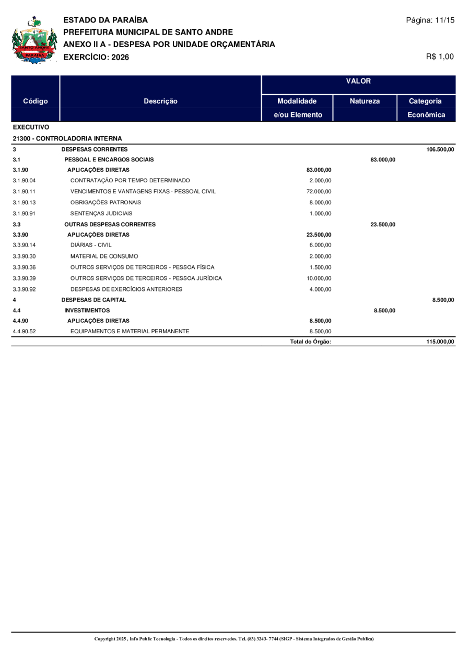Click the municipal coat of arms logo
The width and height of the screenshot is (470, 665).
tap(34, 40)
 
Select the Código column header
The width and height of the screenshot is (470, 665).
tap(36, 101)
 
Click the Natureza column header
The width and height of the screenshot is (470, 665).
tap(365, 101)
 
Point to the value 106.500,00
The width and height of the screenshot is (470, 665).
tap(440, 149)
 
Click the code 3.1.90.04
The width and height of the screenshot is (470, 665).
tap(24, 181)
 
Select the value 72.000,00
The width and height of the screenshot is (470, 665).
tap(319, 192)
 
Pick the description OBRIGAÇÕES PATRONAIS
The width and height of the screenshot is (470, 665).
tap(105, 202)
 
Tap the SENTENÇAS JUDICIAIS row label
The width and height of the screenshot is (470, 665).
tap(101, 213)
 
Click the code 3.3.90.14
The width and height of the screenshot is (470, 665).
tap(24, 245)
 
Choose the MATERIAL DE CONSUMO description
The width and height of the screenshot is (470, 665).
tap(104, 256)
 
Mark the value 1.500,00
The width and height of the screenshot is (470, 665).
tap(321, 267)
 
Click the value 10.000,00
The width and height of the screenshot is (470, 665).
tap(319, 278)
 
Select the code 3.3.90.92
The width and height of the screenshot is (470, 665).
tap(24, 289)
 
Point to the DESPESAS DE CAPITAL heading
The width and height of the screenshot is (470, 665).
tap(93, 300)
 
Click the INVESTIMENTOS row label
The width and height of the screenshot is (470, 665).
tap(87, 311)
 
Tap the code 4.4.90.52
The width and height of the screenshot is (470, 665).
tap(24, 331)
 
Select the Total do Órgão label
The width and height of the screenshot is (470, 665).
tap(311, 342)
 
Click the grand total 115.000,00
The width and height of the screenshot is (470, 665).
tap(440, 342)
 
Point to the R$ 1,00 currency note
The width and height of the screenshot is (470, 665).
tap(440, 56)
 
